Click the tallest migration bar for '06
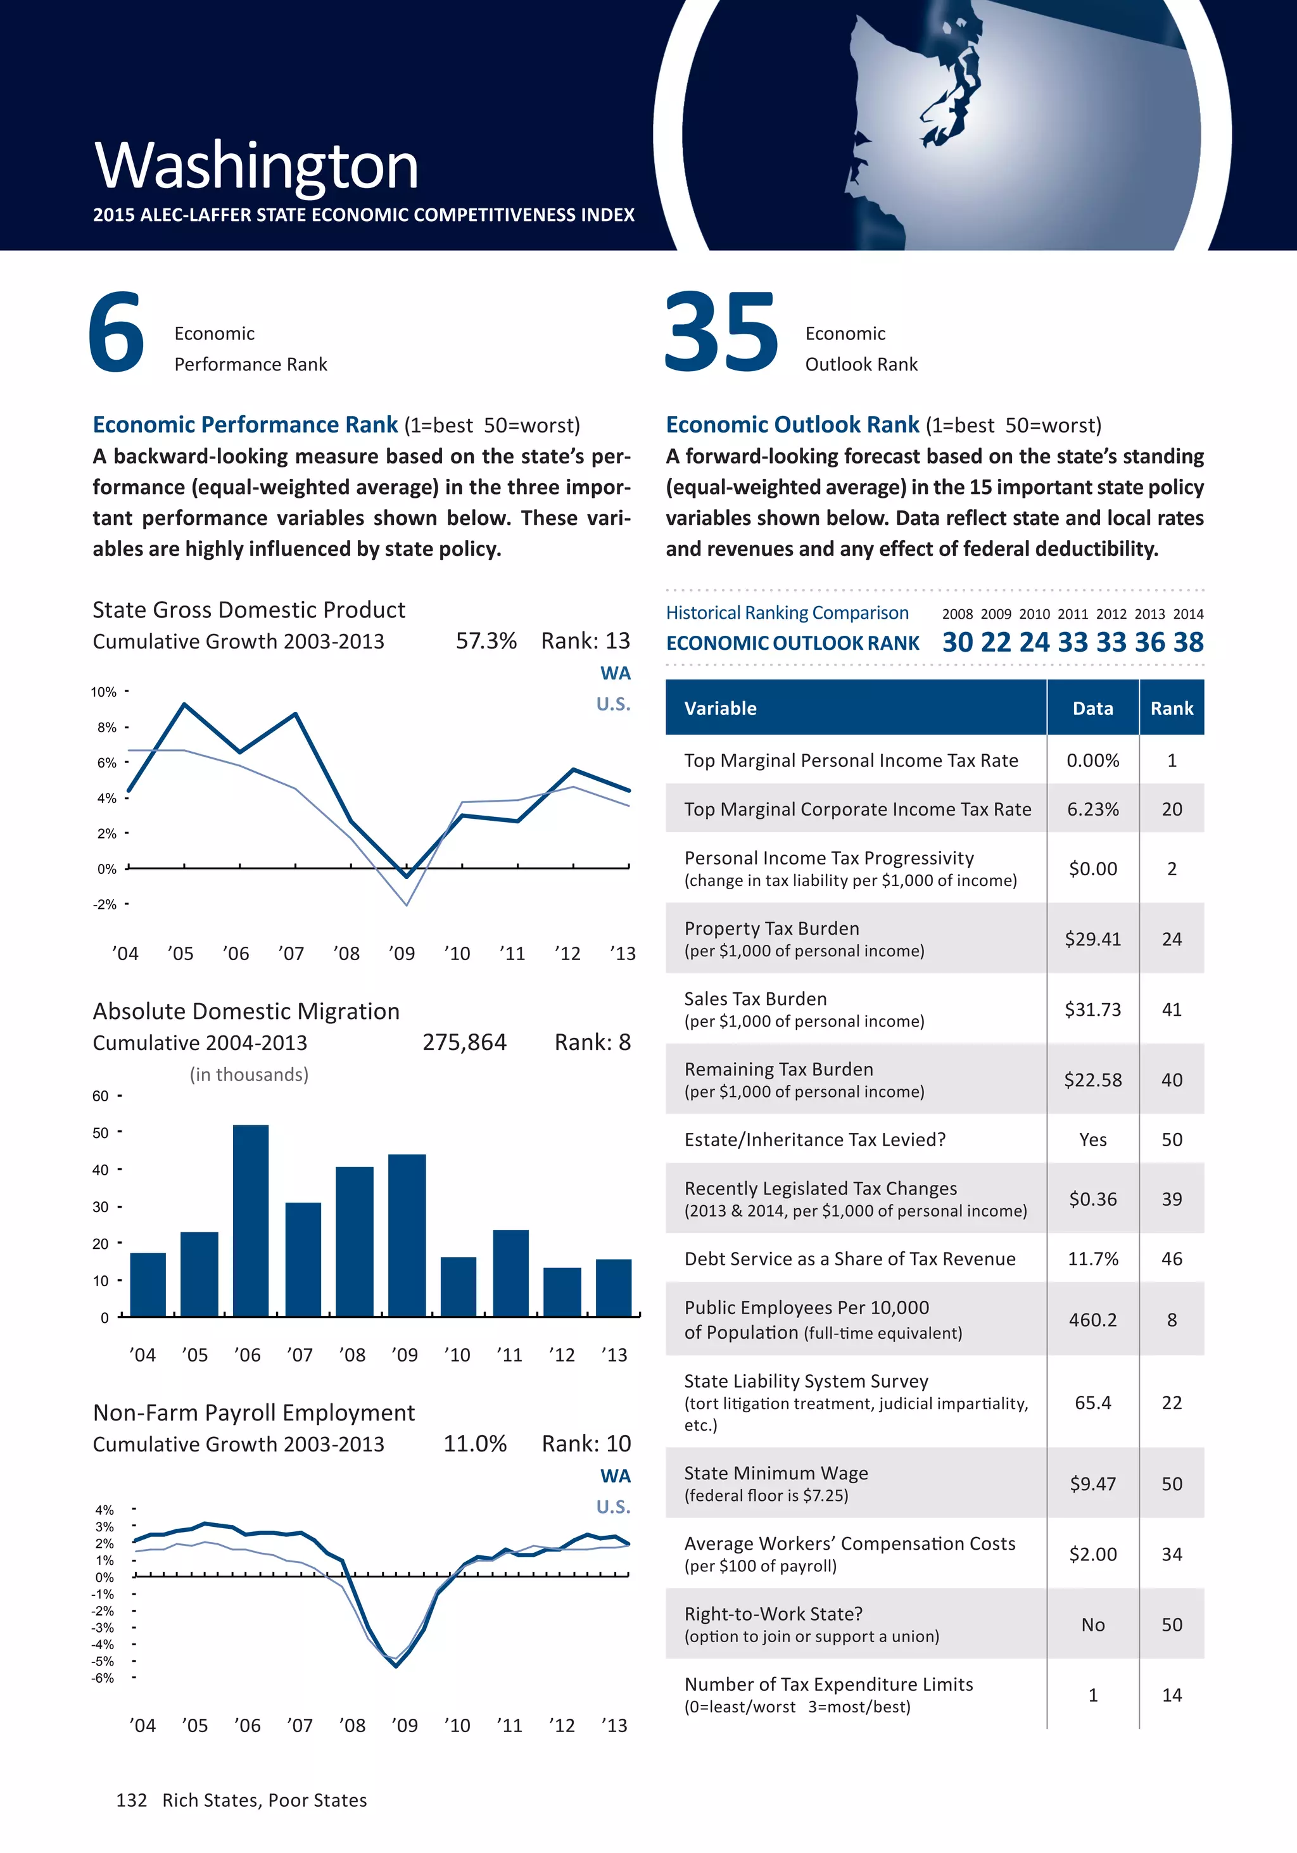coord(250,1220)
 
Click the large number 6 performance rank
coord(117,332)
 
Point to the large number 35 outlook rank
coord(721,332)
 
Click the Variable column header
coord(720,708)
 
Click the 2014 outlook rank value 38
coord(1188,642)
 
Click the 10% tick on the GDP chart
coord(103,692)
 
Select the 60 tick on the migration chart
coord(100,1096)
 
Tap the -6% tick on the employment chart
coord(103,1677)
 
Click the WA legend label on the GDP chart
coord(615,673)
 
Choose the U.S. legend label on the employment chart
coord(612,1507)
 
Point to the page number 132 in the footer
coord(132,1800)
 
